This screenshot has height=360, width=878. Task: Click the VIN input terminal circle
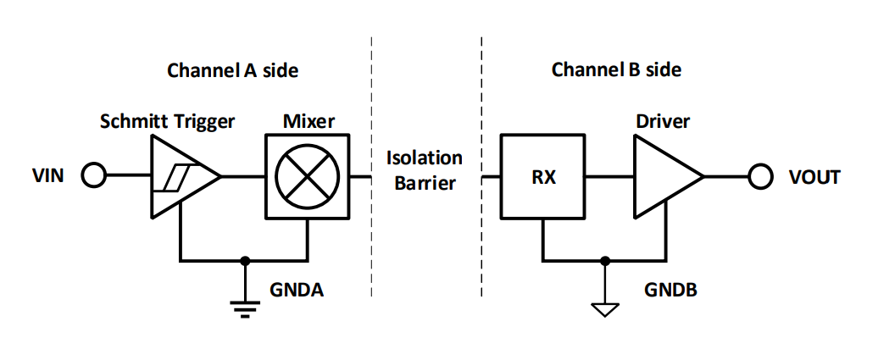(x=94, y=176)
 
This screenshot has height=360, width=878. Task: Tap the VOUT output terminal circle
(x=760, y=176)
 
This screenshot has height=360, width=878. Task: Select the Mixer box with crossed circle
(x=307, y=176)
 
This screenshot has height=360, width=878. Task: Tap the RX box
(x=542, y=177)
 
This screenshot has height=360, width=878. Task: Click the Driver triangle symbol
(x=664, y=176)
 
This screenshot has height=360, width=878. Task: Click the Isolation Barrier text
(x=425, y=170)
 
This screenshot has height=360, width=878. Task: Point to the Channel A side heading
(x=232, y=69)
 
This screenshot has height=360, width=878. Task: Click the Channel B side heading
(x=616, y=69)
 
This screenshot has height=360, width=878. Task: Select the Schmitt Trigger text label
(x=167, y=121)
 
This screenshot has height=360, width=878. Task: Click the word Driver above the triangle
(x=663, y=121)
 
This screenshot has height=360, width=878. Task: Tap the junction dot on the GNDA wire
(x=244, y=260)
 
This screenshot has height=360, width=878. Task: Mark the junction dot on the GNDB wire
(x=604, y=260)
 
